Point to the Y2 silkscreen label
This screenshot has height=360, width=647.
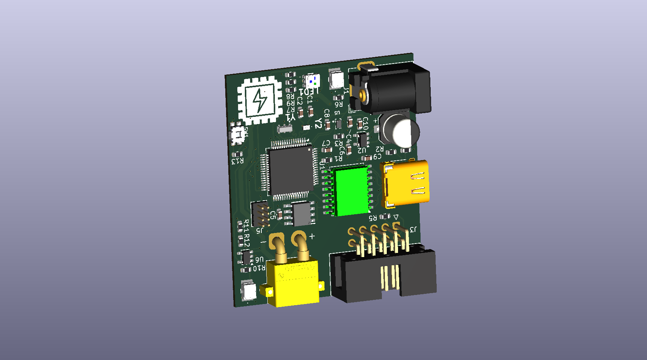click(318, 123)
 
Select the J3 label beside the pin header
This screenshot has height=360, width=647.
click(412, 229)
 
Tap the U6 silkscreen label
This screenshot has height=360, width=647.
click(259, 259)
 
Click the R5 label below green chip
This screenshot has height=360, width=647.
click(372, 218)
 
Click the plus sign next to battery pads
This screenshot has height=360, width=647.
click(312, 236)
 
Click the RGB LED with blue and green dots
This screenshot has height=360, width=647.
click(312, 81)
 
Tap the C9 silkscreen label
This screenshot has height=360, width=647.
click(377, 156)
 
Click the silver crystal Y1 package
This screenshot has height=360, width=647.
click(285, 129)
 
